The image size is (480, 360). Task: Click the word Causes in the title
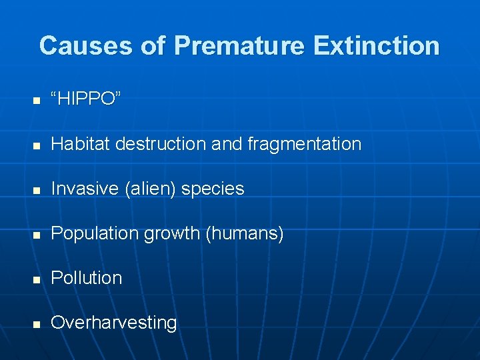point(85,46)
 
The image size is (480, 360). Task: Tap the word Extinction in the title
point(377,46)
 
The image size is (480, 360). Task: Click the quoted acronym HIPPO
point(86,99)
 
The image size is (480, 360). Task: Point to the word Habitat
point(79,144)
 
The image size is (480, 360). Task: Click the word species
point(213,189)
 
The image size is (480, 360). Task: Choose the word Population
point(97,233)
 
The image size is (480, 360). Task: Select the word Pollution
point(87,278)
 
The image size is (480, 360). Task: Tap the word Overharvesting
point(114,323)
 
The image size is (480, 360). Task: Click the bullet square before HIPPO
point(37,101)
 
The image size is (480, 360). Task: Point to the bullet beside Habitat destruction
point(37,145)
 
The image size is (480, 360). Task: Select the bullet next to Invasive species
point(37,190)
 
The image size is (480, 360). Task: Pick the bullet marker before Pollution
point(37,279)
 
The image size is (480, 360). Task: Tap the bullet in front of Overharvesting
point(37,324)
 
